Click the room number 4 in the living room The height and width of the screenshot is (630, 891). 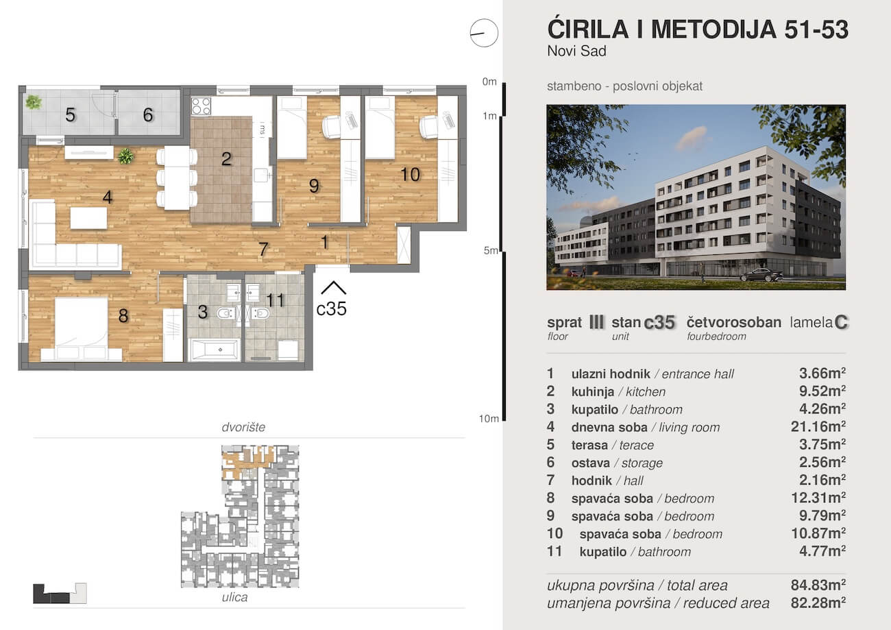pos(108,197)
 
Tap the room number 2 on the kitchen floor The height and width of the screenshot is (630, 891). pos(226,159)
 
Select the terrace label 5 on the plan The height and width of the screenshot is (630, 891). pos(71,115)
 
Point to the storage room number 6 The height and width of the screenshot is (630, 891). pos(148,115)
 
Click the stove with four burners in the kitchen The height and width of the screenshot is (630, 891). pos(201,106)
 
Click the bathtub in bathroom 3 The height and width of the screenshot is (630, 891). pos(215,350)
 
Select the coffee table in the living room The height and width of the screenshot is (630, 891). pos(88,218)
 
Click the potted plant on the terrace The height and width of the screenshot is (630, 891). pos(34,102)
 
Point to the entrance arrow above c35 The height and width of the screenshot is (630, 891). pos(333,288)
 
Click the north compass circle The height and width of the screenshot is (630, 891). pos(484,33)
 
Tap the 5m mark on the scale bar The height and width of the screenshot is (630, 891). pos(490,251)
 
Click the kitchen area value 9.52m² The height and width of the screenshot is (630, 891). pos(822,391)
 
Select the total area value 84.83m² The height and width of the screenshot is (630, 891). pos(818,585)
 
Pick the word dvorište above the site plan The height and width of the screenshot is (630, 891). pos(243,427)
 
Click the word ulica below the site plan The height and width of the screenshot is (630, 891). pos(234,597)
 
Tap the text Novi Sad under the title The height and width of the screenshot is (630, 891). pos(577,51)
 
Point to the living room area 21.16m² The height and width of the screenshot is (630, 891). pos(818,427)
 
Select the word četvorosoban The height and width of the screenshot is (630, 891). pos(734,322)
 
